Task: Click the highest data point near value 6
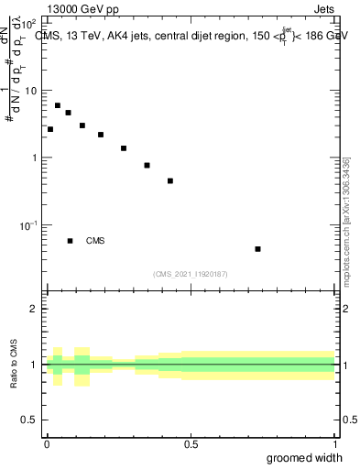click(58, 105)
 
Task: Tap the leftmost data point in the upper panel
click(50, 129)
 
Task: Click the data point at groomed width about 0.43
click(170, 180)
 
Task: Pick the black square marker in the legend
click(71, 241)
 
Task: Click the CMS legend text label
click(95, 241)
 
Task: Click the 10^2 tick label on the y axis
click(30, 23)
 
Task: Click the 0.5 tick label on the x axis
click(191, 444)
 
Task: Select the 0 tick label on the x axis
click(47, 444)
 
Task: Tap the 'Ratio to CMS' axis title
click(14, 364)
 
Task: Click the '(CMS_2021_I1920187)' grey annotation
click(191, 274)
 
